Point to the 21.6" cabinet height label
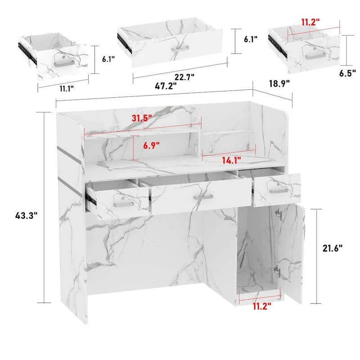click(333, 247)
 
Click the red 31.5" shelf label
click(142, 118)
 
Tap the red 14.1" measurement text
click(230, 159)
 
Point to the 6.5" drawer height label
click(347, 72)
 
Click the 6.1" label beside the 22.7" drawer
click(250, 40)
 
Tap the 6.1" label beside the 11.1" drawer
click(108, 58)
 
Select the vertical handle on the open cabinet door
click(279, 216)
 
